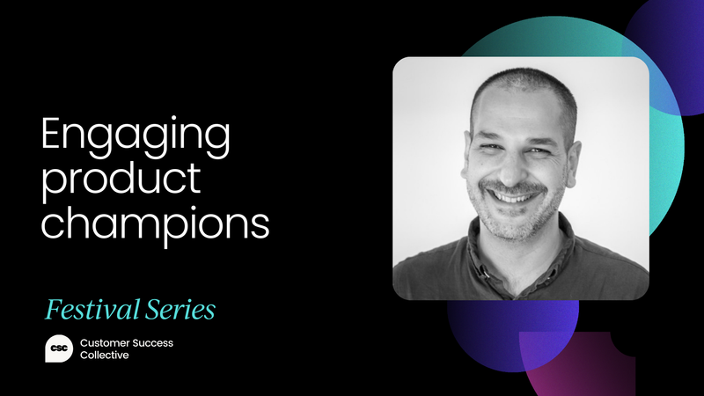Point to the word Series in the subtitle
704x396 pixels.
point(182,310)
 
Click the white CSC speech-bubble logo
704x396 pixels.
point(60,349)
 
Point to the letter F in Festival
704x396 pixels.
point(53,310)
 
